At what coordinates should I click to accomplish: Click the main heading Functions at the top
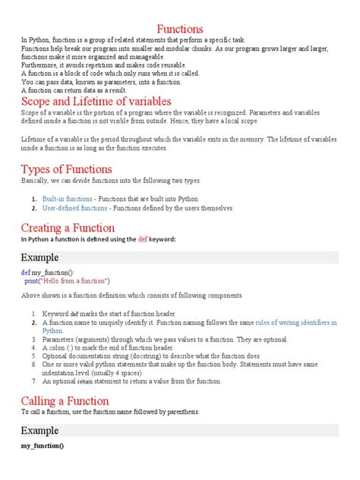pyautogui.click(x=179, y=27)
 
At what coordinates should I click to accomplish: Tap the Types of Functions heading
pyautogui.click(x=67, y=169)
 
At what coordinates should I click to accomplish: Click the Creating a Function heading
pyautogui.click(x=68, y=227)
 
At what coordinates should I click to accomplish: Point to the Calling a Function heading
pyautogui.click(x=65, y=400)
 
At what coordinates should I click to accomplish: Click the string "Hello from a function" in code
pyautogui.click(x=87, y=280)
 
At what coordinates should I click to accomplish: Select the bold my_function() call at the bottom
pyautogui.click(x=43, y=446)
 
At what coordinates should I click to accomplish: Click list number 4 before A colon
pyautogui.click(x=35, y=347)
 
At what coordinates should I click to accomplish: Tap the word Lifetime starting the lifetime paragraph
pyautogui.click(x=36, y=141)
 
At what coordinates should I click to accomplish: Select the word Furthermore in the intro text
pyautogui.click(x=39, y=66)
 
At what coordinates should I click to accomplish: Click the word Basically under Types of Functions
pyautogui.click(x=36, y=182)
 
